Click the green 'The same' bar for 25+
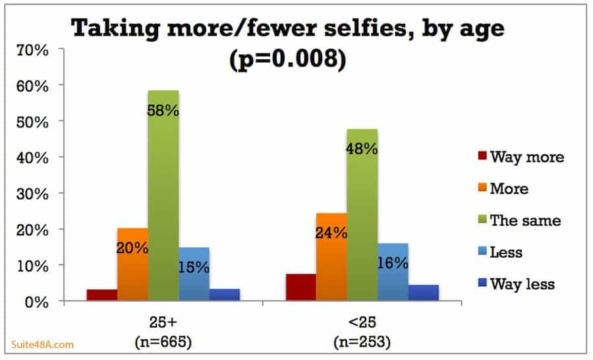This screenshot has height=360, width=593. point(163,198)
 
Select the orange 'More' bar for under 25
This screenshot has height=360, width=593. point(331,257)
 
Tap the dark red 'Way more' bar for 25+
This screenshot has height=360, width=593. point(101,295)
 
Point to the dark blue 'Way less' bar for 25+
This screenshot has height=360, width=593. point(225,295)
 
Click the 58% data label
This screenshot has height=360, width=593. point(163,110)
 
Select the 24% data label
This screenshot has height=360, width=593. point(331,233)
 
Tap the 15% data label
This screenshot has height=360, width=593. point(194,267)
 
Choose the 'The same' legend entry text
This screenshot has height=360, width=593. point(525,221)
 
